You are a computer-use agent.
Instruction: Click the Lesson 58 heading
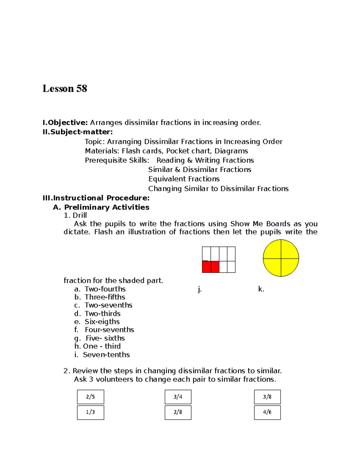(65, 89)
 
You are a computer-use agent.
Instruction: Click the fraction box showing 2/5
(90, 397)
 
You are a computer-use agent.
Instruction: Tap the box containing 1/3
(90, 412)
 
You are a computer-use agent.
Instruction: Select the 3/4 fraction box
(178, 397)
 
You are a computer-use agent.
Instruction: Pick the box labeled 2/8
(178, 412)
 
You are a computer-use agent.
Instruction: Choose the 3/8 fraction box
(267, 397)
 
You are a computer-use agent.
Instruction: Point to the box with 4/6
(267, 412)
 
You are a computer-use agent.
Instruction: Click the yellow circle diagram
(281, 258)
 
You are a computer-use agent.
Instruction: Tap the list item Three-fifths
(105, 297)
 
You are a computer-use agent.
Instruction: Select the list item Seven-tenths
(106, 355)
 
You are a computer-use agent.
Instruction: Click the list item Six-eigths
(102, 322)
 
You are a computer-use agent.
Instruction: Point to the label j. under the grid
(200, 289)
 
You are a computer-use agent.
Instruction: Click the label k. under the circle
(261, 289)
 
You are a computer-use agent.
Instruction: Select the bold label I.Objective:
(65, 122)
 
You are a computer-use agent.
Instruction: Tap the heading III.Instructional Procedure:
(96, 198)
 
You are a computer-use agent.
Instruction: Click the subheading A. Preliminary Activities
(101, 207)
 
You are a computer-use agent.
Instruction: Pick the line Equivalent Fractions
(184, 179)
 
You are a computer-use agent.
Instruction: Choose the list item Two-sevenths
(108, 305)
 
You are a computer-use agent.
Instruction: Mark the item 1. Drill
(75, 215)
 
